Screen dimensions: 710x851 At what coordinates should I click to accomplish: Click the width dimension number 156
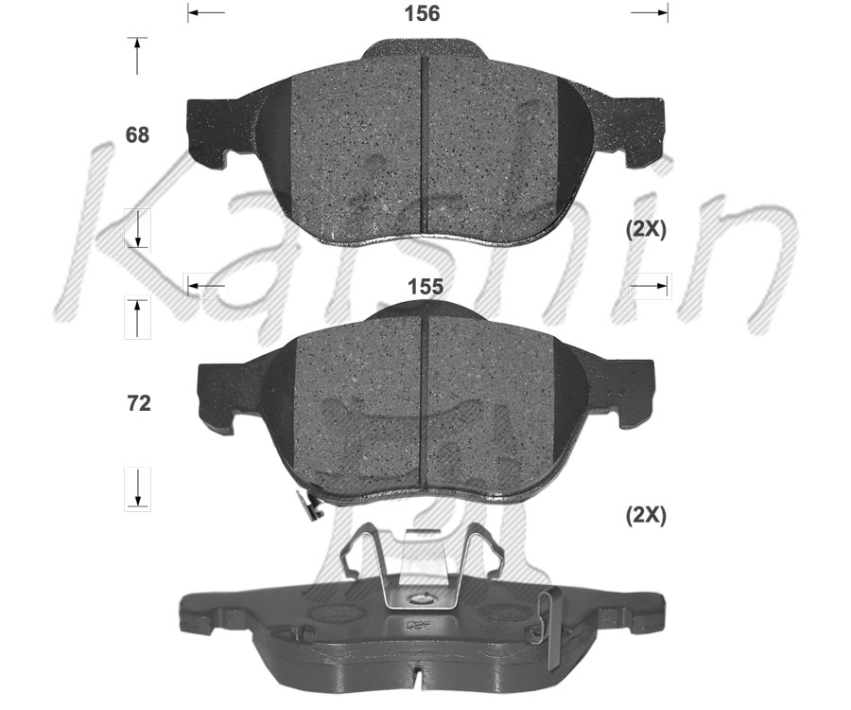(422, 13)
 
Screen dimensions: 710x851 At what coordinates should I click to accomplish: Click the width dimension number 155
(425, 286)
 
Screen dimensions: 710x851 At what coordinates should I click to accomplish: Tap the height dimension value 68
(138, 135)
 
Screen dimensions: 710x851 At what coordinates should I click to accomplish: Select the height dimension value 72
(138, 404)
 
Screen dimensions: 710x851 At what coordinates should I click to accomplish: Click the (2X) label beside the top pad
(646, 230)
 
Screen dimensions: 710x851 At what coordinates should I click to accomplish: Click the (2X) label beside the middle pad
(646, 516)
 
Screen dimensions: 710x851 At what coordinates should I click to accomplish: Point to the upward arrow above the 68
(138, 56)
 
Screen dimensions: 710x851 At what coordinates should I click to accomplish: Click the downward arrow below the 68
(138, 228)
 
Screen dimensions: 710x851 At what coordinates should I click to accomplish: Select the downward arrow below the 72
(138, 488)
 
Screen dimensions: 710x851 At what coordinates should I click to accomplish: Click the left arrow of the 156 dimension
(206, 12)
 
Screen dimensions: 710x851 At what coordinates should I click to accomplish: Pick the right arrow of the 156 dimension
(651, 12)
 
